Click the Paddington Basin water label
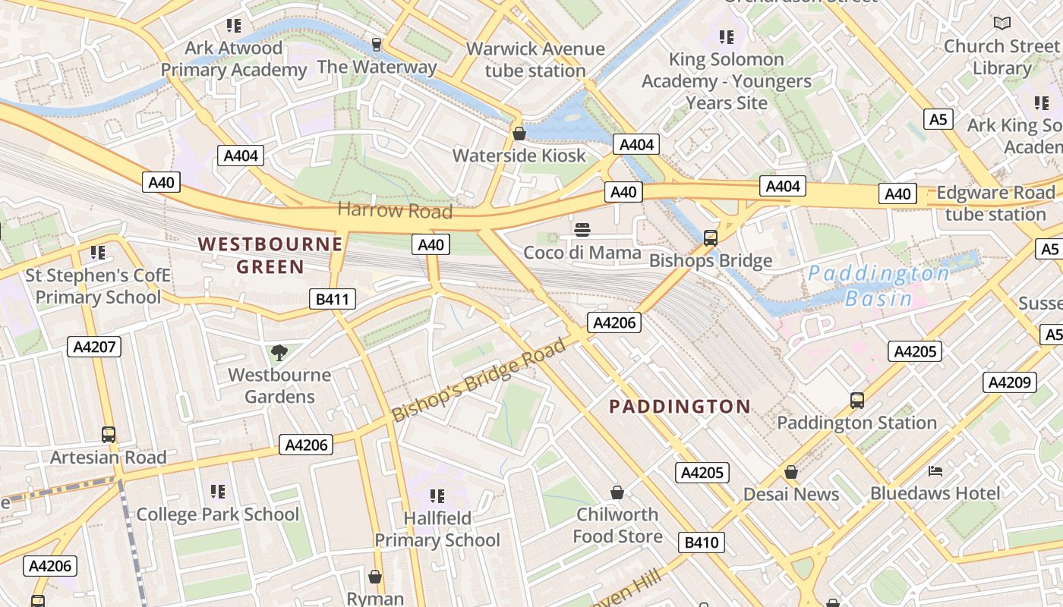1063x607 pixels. [x=878, y=285]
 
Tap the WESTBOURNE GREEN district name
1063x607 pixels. [x=270, y=255]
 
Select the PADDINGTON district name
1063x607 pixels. [x=680, y=407]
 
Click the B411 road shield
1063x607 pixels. [x=333, y=299]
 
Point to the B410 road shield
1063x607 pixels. [x=702, y=543]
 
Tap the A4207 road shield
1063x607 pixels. [x=94, y=348]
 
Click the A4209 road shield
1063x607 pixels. [x=1009, y=382]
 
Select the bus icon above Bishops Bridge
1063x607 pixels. [x=711, y=237]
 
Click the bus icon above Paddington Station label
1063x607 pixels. [x=856, y=400]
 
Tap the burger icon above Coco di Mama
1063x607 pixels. [x=582, y=229]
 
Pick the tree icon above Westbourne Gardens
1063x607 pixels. [x=279, y=352]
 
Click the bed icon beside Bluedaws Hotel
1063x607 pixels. [x=935, y=471]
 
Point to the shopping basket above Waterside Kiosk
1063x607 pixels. [x=519, y=134]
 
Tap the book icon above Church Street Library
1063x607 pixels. [x=1002, y=24]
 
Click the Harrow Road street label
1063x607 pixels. [x=395, y=210]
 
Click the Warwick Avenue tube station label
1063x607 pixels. [x=535, y=60]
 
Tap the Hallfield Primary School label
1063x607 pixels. [x=437, y=529]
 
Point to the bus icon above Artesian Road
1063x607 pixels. [x=109, y=435]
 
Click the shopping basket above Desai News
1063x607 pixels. [x=791, y=472]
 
